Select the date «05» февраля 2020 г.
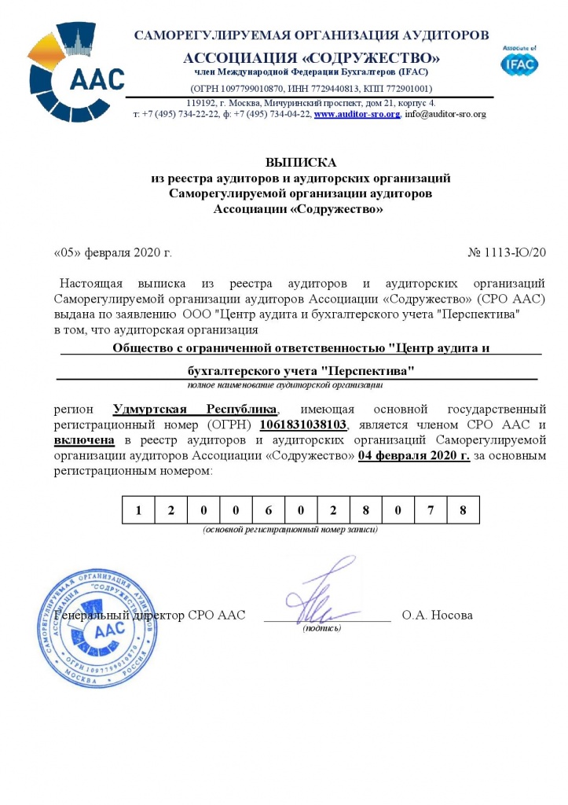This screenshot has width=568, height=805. pos(112,252)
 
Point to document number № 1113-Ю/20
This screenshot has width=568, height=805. pos(506,252)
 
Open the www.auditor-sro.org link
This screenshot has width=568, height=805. pos(357,114)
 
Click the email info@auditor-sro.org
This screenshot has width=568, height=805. pos(445,114)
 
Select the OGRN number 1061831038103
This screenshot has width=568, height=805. pos(302,425)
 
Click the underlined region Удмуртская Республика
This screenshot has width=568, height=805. pos(195,410)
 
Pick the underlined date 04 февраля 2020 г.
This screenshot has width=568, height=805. pos(413,456)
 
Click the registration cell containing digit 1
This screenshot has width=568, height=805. pos(138,511)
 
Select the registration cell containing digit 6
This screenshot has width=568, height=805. pos(269,511)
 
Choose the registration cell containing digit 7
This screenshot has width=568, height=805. pos(431,511)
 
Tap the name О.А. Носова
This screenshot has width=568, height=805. pos(437,615)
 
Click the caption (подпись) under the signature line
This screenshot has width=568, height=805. pos(322,628)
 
